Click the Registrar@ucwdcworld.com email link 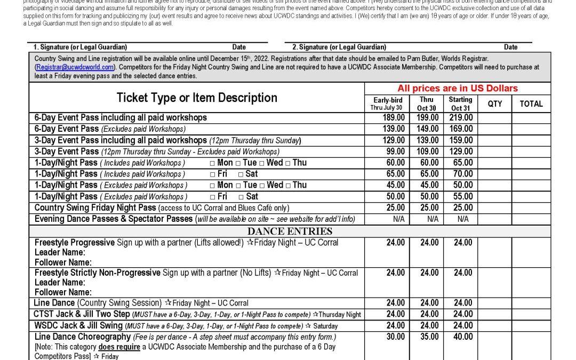coord(75,67)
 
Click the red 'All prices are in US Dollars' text coord(457,89)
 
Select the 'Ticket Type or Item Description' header coord(197,98)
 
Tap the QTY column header coord(495,103)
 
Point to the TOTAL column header coord(531,103)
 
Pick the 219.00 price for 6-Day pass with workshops coord(461,117)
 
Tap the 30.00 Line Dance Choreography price coord(395,337)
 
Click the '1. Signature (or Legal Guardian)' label coord(81,47)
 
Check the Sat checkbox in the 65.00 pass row coord(241,174)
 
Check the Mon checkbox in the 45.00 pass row coord(213,185)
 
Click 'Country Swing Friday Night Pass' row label coord(95,207)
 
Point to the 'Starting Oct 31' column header coord(461,103)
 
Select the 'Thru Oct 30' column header coord(427,103)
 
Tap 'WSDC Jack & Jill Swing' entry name coord(78,325)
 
